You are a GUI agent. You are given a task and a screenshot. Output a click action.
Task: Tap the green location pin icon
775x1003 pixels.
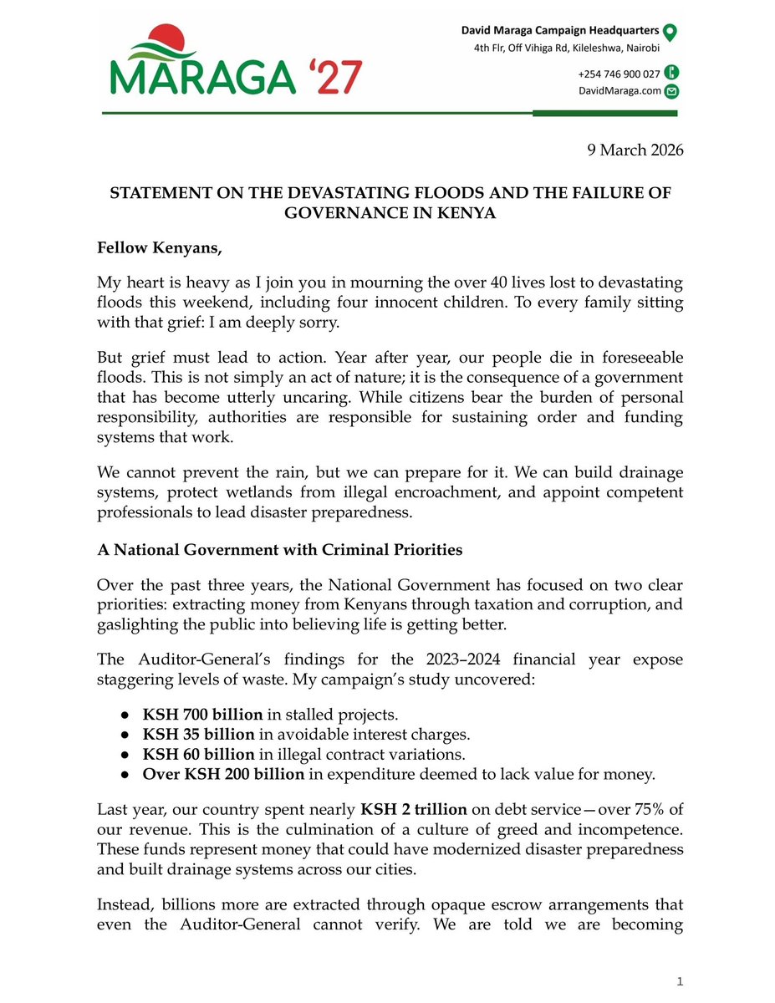(x=670, y=32)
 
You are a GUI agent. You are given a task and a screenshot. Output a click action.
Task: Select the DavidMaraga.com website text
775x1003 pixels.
(x=619, y=91)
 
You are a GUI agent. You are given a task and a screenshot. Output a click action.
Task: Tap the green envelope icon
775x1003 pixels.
(x=670, y=92)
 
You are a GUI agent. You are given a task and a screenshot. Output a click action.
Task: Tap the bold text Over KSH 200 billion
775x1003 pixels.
(x=223, y=774)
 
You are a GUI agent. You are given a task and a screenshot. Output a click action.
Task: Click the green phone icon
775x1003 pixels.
(x=670, y=73)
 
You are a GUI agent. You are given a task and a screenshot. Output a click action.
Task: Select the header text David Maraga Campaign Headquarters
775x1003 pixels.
(x=558, y=31)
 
